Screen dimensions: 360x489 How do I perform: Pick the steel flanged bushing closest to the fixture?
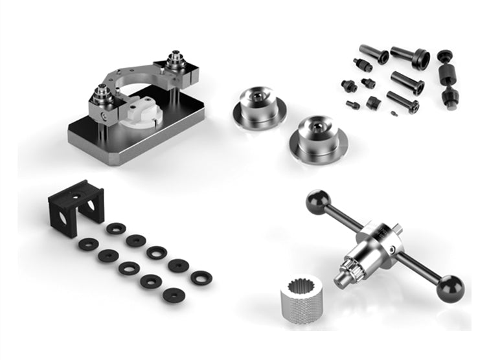pyautogui.click(x=259, y=104)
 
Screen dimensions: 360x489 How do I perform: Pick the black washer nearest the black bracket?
pyautogui.click(x=116, y=228)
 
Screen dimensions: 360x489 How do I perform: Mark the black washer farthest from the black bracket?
pyautogui.click(x=201, y=277)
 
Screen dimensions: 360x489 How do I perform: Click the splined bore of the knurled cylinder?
pyautogui.click(x=299, y=284)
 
